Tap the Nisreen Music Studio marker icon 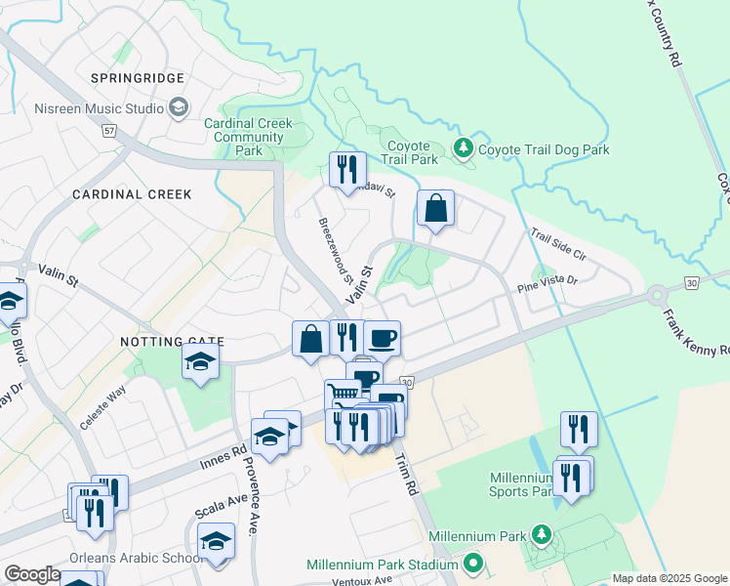[179, 107]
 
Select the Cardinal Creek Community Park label [250, 138]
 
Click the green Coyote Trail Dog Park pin [464, 148]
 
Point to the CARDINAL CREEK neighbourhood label [132, 194]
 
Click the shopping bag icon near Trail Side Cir [435, 208]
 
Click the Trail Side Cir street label [557, 244]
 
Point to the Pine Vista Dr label [547, 281]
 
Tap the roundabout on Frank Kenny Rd [657, 294]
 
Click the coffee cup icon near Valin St [382, 339]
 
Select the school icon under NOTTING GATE [200, 363]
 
